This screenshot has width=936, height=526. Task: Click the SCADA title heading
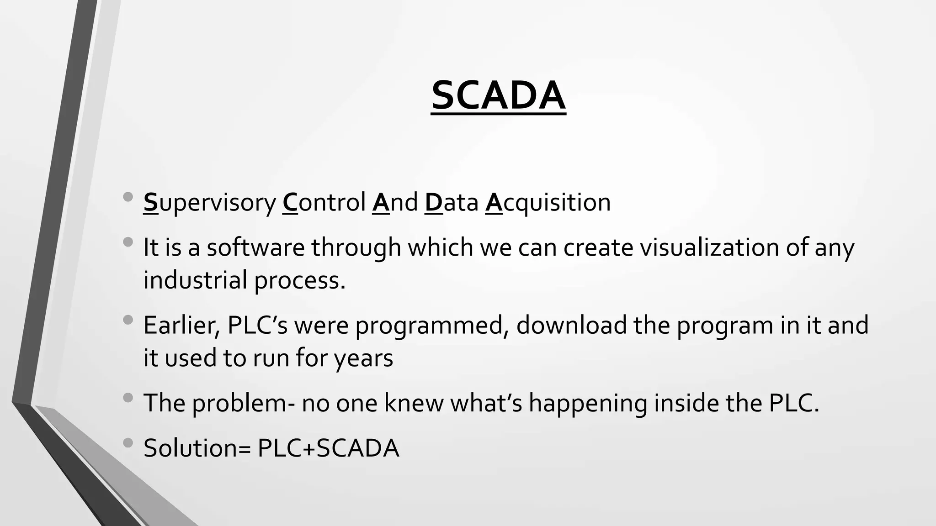498,96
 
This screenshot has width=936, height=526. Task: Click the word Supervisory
209,203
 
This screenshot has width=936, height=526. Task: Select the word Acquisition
548,203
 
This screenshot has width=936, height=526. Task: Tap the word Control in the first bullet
324,203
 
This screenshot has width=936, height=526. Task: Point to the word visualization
709,248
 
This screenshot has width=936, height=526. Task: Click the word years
363,358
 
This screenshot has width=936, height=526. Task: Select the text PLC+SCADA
328,448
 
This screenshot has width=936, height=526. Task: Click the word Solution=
197,448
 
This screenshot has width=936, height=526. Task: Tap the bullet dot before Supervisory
128,197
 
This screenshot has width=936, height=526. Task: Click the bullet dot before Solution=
128,442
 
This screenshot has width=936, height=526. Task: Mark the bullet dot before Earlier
128,320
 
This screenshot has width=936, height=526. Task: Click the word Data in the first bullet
451,203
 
